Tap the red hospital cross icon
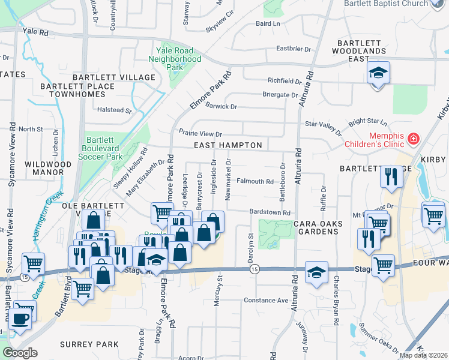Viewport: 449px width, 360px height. [412, 140]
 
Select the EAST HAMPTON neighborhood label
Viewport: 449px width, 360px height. [228, 145]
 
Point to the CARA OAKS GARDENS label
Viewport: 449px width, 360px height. [318, 227]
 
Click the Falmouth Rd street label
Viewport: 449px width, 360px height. [255, 181]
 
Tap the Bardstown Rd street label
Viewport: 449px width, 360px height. [270, 212]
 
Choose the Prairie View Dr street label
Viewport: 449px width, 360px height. [200, 133]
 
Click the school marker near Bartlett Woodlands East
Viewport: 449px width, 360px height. [378, 74]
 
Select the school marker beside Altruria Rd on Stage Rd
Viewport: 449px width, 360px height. [316, 273]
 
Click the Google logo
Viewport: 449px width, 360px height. [20, 353]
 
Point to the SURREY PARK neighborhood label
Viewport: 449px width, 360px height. [89, 344]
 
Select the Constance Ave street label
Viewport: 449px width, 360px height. [266, 300]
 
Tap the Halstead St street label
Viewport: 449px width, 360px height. [114, 110]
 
